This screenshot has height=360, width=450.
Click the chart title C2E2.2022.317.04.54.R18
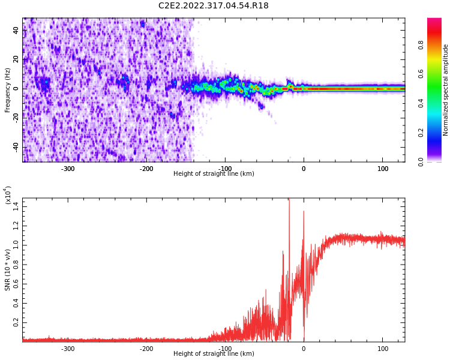coord(214,6)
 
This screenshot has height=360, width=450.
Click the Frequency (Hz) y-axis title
coord(8,90)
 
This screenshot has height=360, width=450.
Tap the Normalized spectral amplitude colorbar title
coord(446,90)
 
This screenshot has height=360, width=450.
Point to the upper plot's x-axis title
coord(214,174)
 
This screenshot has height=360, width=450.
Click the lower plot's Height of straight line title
coord(214,354)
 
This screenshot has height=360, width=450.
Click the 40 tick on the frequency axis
coord(16,30)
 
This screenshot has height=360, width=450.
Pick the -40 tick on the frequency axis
coord(14,148)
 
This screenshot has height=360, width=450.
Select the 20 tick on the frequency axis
coord(16,59)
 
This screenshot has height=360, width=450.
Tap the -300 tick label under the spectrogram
coord(68,169)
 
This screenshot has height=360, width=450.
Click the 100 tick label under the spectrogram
coord(383,169)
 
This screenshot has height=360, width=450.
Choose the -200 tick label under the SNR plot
coord(146,349)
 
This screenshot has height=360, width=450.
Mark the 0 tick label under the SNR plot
coord(304,349)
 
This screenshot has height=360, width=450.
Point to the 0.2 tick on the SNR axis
coord(15,322)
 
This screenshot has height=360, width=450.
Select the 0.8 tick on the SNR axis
coord(15,264)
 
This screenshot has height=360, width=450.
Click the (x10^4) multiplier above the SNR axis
coord(8,195)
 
